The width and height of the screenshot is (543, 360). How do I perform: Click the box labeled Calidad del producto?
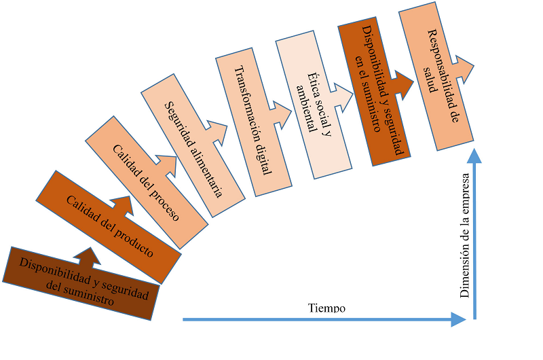[x=109, y=227]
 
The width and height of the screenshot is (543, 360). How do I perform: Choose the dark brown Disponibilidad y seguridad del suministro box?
[x=81, y=283]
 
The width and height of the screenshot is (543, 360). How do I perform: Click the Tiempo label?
[x=327, y=308]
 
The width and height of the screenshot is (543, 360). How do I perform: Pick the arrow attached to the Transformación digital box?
[x=281, y=113]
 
